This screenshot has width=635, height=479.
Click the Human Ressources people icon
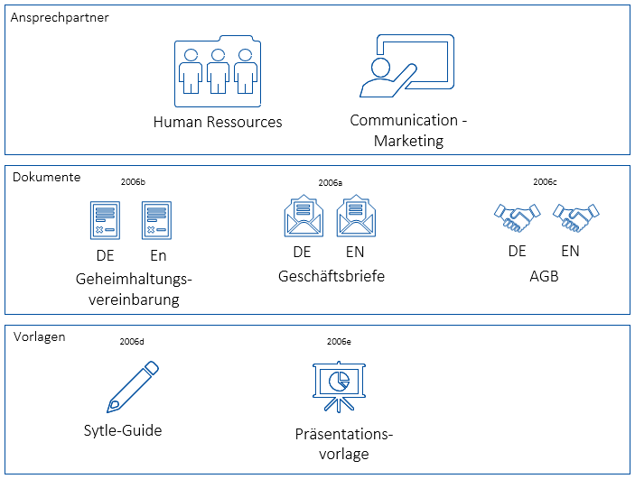(217, 71)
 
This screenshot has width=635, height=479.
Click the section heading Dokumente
(46, 177)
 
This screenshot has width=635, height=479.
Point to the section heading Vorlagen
(39, 336)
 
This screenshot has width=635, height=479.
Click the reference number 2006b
(133, 183)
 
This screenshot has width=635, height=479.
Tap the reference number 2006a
(331, 183)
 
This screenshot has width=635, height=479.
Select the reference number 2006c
(545, 182)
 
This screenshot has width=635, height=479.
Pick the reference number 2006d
(132, 342)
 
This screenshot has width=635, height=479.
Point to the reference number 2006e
(339, 342)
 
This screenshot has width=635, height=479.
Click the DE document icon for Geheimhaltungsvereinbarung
(105, 220)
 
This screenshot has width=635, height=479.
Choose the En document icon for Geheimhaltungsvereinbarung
(156, 220)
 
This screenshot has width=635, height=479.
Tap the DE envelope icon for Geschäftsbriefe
(303, 218)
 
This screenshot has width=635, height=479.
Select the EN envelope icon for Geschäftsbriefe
(355, 218)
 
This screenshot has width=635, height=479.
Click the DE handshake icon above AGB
(517, 217)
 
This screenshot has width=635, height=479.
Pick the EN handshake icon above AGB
(576, 217)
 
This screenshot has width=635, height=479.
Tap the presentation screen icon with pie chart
(338, 382)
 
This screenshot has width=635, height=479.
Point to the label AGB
(544, 276)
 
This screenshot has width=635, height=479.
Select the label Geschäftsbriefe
(332, 276)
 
